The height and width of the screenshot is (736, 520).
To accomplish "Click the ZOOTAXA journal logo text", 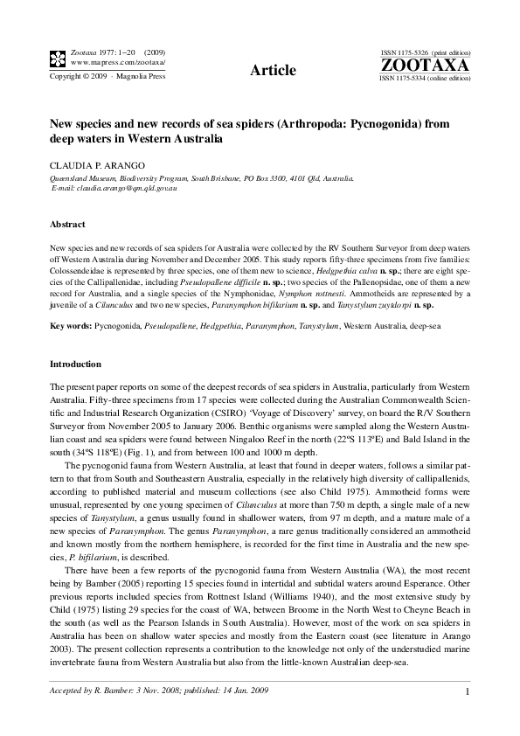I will [x=425, y=66].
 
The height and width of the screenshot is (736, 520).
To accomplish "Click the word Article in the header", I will [x=272, y=70].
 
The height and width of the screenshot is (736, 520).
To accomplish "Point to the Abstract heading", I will [x=67, y=225].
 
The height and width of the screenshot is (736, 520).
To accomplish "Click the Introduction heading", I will [x=75, y=364].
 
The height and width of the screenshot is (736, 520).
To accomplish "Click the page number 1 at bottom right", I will [x=468, y=693].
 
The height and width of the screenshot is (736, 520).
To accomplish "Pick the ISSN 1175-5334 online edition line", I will [x=425, y=79].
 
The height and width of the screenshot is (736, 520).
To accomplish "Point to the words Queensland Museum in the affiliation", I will [x=80, y=177].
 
